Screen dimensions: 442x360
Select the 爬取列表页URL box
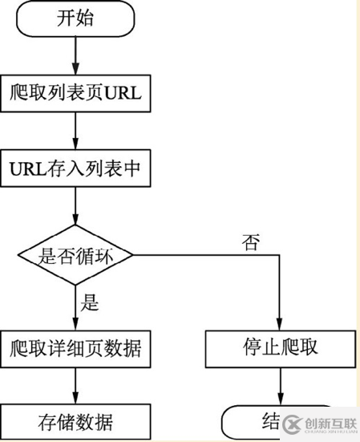pos(75,93)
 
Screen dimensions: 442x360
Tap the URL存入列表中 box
pos(75,168)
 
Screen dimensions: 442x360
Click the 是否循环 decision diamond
pos(75,255)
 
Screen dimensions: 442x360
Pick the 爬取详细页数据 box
pos(75,349)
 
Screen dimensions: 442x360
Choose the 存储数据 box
pos(75,422)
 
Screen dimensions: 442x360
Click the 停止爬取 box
pos(280,349)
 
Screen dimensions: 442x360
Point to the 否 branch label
pos(251,243)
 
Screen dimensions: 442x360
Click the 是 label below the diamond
pos(91,302)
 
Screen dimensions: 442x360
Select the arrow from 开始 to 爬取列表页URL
pos(75,55)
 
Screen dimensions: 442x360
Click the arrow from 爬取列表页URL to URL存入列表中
pos(75,131)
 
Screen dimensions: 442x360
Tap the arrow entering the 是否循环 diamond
pos(75,207)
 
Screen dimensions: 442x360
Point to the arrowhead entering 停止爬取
pos(280,325)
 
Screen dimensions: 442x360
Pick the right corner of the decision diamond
pos(132,255)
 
